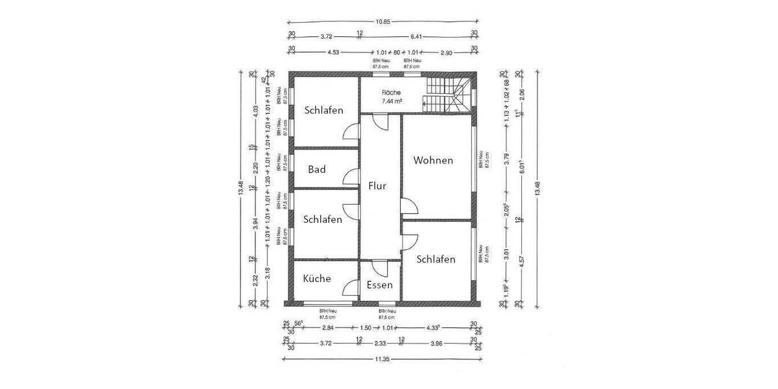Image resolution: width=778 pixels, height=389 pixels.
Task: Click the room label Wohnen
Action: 434,160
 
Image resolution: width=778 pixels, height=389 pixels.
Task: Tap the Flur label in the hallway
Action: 377,186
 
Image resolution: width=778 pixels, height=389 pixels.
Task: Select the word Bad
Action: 317,170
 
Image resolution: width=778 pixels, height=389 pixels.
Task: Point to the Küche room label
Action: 317,279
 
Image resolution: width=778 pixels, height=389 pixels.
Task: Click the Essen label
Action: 379,285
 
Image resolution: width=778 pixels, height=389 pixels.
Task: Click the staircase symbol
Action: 447,95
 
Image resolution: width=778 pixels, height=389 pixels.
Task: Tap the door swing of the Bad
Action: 351,178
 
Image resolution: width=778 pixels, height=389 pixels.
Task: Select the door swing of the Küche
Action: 351,288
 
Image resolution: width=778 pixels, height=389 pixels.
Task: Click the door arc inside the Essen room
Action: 378,268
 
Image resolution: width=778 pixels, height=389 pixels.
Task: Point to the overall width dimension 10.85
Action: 383,21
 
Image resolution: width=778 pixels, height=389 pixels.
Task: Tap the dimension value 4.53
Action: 334,51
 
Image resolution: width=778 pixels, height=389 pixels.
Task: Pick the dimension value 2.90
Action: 446,51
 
